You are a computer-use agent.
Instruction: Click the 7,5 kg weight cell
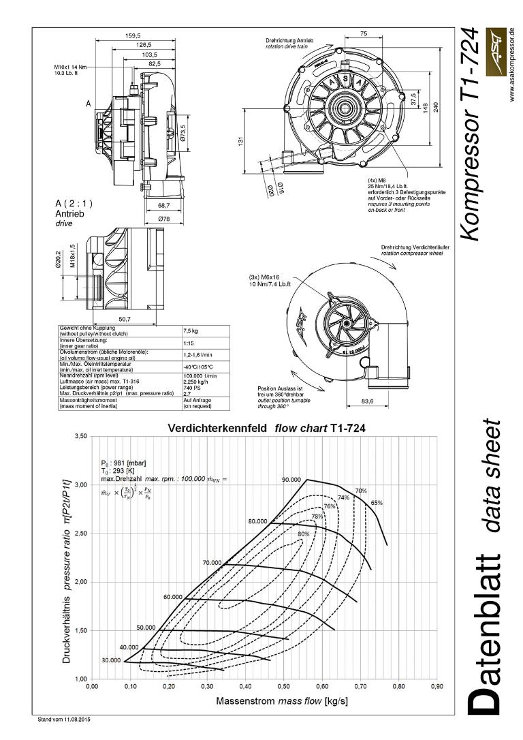tap(190, 330)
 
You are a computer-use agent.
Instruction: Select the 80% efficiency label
tap(304, 534)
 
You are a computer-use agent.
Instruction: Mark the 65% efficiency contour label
tap(377, 503)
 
